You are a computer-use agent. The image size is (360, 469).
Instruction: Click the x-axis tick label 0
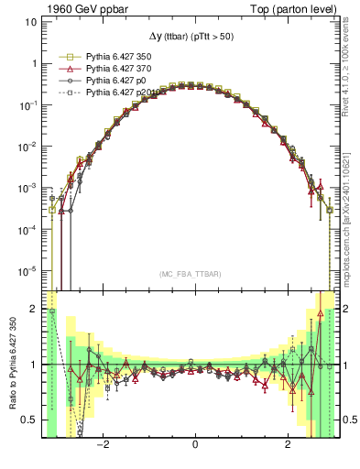195,446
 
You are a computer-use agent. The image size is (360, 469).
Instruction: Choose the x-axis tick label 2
288,446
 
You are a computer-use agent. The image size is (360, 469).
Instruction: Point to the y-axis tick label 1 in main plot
38,64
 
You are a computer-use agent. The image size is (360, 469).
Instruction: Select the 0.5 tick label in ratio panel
33,420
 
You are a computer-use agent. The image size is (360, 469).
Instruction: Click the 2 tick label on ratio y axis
38,309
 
